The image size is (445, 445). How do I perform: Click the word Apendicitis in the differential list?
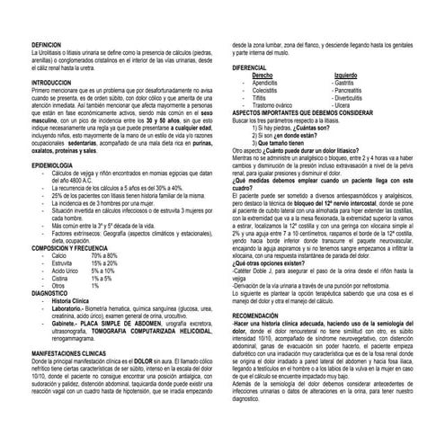pos(270,83)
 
